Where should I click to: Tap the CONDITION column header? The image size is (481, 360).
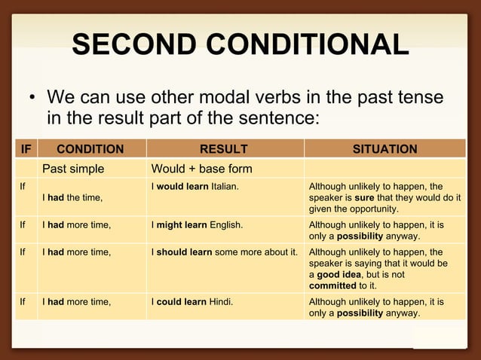coord(90,149)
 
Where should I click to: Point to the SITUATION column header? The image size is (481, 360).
coord(384,149)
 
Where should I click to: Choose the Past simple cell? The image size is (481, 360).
coord(73,168)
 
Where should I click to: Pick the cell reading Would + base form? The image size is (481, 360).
coord(201,168)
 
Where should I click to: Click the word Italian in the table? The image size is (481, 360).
coord(225,186)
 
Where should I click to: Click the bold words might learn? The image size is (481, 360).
coord(182,224)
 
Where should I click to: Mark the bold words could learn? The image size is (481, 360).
coord(182,302)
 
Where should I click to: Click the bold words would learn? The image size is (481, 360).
coord(182,186)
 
